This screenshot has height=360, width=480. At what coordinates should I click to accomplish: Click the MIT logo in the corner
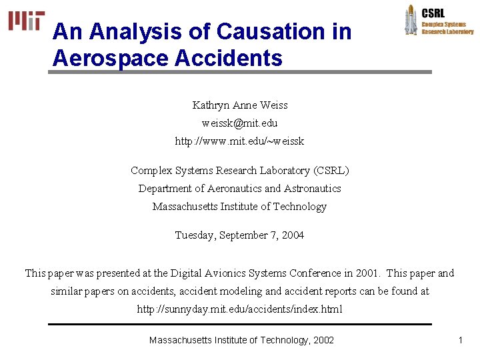pos(27,21)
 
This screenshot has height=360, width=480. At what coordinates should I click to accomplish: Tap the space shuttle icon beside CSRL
pos(411,19)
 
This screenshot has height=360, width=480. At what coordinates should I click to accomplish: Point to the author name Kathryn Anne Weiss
pos(240,105)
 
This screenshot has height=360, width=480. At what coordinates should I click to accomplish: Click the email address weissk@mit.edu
pos(240,123)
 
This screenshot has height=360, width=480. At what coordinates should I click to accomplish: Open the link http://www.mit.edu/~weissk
pos(240,141)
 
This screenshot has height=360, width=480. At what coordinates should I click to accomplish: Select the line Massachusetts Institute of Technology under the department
pos(240,207)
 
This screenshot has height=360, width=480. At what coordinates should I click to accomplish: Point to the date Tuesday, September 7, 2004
pos(240,235)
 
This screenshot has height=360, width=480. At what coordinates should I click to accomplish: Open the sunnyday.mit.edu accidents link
pos(240,309)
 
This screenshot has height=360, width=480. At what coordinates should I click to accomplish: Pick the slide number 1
pos(460,340)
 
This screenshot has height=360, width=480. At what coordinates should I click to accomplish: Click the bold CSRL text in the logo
pos(433,13)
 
